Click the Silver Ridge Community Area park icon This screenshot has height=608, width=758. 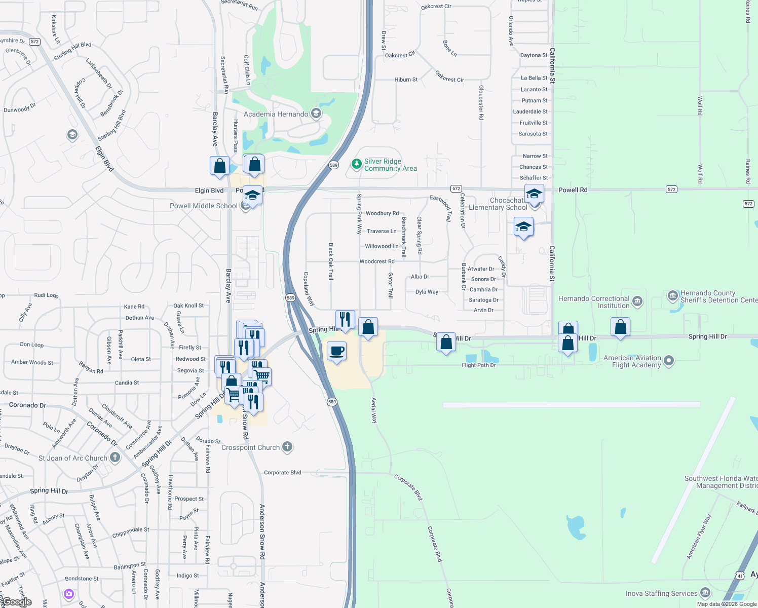click(357, 164)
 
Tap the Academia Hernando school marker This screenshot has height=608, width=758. click(316, 113)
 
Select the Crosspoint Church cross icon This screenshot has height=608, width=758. click(287, 447)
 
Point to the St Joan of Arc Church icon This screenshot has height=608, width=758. click(115, 458)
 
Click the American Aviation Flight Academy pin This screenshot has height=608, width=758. click(669, 361)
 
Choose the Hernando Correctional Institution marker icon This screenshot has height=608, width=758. click(637, 302)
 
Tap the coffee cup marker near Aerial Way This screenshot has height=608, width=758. click(336, 351)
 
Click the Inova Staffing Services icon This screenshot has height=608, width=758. click(705, 593)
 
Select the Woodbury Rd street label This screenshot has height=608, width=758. click(382, 213)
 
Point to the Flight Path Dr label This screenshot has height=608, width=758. click(479, 365)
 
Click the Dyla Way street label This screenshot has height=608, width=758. click(427, 292)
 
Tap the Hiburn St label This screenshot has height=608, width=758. click(406, 80)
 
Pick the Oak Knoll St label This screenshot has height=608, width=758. click(188, 306)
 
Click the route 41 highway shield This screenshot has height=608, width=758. click(740, 576)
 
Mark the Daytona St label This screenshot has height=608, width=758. click(534, 55)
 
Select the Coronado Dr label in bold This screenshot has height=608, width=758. click(27, 405)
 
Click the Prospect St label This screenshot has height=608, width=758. click(189, 499)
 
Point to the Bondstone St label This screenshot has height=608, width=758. click(82, 578)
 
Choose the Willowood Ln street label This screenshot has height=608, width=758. click(382, 246)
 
